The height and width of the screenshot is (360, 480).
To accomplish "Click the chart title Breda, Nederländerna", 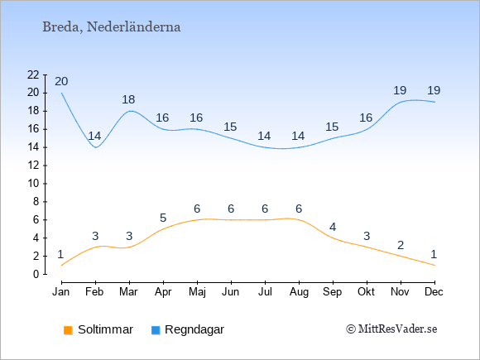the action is click(x=112, y=27).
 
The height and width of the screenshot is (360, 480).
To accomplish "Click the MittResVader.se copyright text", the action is click(x=391, y=329).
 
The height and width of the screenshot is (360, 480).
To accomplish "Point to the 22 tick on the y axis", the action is click(x=33, y=74).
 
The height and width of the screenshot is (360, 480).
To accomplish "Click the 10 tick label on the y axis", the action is click(x=33, y=184).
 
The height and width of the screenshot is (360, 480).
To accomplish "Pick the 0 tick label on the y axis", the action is click(x=36, y=274).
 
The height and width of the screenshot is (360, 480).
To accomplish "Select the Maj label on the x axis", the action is click(x=197, y=292).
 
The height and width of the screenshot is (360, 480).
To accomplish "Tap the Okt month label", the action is click(x=366, y=292).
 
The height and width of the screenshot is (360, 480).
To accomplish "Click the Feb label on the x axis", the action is click(x=94, y=292).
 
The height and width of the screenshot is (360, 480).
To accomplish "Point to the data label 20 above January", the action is click(x=61, y=81).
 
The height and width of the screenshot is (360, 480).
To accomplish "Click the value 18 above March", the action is click(x=128, y=99).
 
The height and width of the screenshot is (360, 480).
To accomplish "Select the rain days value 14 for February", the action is click(x=94, y=136).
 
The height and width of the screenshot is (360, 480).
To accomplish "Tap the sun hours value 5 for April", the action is click(x=163, y=218).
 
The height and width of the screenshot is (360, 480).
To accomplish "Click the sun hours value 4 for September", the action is click(x=333, y=227).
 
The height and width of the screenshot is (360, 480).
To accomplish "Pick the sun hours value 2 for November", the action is click(x=401, y=245).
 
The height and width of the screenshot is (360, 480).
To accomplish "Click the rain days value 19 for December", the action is click(x=434, y=90).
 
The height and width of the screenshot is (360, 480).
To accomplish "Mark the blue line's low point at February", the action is click(x=96, y=147).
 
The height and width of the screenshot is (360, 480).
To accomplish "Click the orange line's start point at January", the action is click(x=61, y=265).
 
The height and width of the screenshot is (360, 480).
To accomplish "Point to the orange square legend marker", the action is click(x=68, y=330).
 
